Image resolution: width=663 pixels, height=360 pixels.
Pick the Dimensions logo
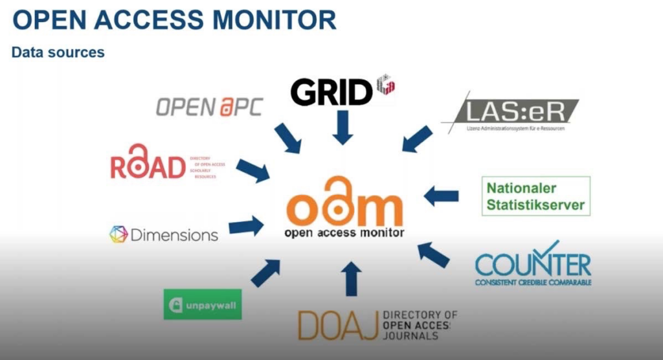[164, 234]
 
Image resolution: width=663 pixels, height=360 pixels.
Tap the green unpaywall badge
[203, 304]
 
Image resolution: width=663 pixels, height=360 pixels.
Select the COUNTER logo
[532, 266]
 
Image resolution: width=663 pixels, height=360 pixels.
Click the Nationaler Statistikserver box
[535, 196]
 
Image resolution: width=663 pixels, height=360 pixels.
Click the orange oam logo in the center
[344, 206]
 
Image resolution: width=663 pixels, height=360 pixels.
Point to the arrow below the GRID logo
[343, 128]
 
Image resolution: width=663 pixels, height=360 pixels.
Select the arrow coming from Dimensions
[246, 227]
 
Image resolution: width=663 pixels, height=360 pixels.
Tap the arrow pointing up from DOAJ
[351, 279]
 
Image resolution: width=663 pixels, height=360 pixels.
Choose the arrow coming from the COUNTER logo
[433, 254]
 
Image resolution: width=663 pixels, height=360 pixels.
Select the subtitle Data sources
[58, 52]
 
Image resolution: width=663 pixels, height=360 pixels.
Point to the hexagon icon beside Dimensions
[118, 234]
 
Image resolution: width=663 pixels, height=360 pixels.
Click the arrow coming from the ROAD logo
[253, 171]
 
